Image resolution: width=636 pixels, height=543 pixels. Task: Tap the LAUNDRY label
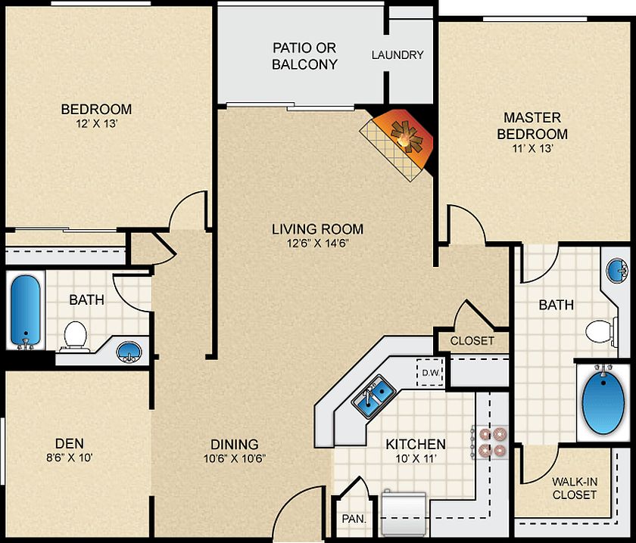pyautogui.click(x=397, y=55)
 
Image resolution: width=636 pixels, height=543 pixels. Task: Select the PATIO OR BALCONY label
pyautogui.click(x=304, y=56)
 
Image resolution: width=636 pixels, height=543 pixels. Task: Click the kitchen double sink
pyautogui.click(x=373, y=395)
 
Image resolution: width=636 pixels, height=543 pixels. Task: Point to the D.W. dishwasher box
pyautogui.click(x=430, y=372)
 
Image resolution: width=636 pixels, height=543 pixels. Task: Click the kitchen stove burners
pyautogui.click(x=491, y=442)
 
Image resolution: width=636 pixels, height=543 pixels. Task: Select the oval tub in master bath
pyautogui.click(x=604, y=401)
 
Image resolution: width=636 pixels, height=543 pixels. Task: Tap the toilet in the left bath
pyautogui.click(x=75, y=334)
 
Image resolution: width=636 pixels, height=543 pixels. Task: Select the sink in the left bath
pyautogui.click(x=129, y=352)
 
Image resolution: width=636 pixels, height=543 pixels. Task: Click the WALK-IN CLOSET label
pyautogui.click(x=574, y=488)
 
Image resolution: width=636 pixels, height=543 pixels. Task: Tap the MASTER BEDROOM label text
pyautogui.click(x=532, y=126)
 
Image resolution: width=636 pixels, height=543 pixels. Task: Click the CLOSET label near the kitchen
pyautogui.click(x=472, y=341)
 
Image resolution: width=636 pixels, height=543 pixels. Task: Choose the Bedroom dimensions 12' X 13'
pyautogui.click(x=95, y=124)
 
